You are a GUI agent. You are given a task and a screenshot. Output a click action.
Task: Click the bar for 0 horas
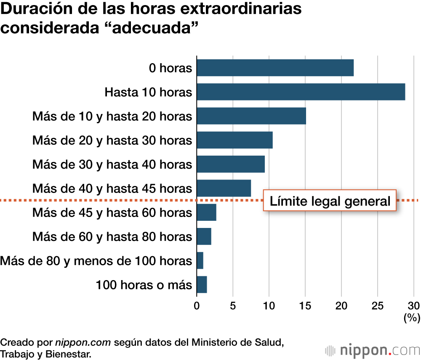coord(275,68)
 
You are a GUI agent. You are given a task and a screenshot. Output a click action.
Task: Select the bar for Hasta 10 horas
coord(301,92)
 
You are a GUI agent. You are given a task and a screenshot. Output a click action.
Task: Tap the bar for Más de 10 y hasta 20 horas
coord(251,116)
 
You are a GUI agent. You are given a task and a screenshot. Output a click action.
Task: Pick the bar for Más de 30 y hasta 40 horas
coord(230,164)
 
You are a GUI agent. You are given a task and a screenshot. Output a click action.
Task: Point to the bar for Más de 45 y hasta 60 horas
coord(206,212)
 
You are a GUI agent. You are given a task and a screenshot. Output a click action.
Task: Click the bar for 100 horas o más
coord(202,285)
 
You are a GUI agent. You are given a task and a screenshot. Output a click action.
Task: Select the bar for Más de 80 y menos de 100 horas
coord(200,261)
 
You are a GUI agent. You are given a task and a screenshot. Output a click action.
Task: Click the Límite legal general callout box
coord(330,201)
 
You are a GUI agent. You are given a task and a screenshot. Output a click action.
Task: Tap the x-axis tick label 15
coord(305,306)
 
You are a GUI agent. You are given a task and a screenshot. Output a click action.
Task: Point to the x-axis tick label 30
coord(414,306)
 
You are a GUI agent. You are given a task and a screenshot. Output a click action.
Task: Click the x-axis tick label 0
coord(197,306)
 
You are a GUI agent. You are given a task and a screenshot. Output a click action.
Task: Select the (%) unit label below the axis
coord(411,318)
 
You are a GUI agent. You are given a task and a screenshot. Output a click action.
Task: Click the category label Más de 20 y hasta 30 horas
coord(112,140)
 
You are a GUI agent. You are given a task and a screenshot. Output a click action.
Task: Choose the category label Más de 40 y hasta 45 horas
coord(112,188)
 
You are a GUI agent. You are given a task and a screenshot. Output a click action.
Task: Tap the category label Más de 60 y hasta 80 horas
coord(112,236)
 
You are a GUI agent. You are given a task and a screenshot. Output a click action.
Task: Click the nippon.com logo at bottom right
coord(372,350)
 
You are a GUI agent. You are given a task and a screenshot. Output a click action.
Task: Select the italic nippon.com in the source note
coord(83,342)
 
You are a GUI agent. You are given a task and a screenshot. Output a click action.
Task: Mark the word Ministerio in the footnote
coord(213,342)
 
